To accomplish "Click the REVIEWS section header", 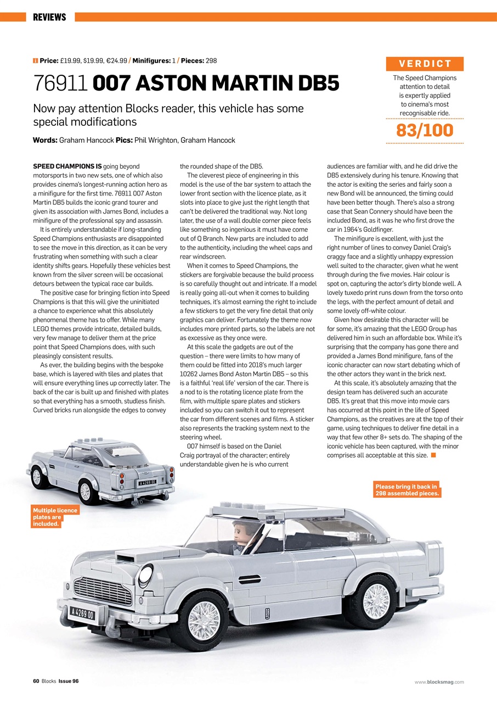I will coord(49,18).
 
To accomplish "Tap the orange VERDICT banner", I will coord(425,64).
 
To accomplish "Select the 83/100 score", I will coord(425,130).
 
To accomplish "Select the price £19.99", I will coord(71,60).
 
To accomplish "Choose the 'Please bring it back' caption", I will coord(407,489).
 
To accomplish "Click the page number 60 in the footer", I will coord(36,682).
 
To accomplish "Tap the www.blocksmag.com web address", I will coord(439,682).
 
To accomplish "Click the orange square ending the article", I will coord(433,455).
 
